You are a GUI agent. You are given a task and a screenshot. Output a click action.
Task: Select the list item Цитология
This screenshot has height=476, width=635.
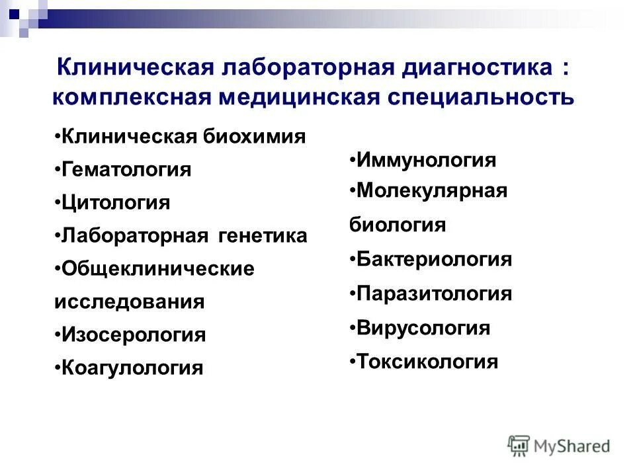coord(116,202)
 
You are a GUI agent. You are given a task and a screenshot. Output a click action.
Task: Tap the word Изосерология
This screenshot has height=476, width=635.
coord(134,335)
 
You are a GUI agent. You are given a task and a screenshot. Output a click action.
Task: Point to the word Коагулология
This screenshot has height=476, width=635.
coord(132,368)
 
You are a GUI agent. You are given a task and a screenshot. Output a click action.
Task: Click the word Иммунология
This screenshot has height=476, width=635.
coord(426,160)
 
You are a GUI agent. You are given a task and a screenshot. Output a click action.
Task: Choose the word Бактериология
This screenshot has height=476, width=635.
coord(434,259)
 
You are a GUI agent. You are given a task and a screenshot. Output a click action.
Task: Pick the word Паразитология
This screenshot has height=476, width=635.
coord(434,294)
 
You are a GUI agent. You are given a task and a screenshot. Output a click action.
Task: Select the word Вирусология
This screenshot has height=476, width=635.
coord(423,328)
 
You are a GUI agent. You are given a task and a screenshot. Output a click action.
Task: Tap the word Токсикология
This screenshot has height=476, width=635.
coord(427,362)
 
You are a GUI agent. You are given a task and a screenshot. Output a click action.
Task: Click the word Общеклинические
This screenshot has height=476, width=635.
coord(158,268)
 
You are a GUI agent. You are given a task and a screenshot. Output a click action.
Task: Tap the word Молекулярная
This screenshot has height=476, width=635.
coord(431,191)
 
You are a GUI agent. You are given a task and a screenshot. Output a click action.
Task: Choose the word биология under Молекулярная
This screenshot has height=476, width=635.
coord(398,225)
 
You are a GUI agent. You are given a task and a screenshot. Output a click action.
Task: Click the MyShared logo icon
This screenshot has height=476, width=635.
coord(519,446)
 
